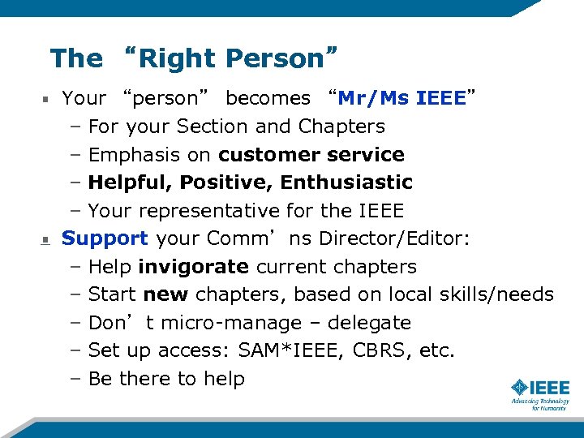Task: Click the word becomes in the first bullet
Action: (x=268, y=98)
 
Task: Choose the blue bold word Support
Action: (x=105, y=238)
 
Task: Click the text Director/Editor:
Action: (x=418, y=238)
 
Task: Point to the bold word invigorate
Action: (x=193, y=267)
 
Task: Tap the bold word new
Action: (x=165, y=294)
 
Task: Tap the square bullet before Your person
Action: (x=46, y=100)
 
